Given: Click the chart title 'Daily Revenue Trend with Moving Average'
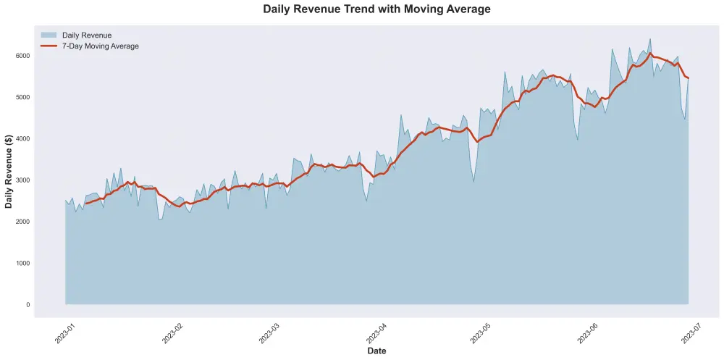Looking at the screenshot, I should [x=376, y=9].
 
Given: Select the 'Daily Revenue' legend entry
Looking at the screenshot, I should [x=86, y=35].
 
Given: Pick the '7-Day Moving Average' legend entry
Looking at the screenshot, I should [x=100, y=46].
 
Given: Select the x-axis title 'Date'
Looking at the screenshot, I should [x=376, y=351].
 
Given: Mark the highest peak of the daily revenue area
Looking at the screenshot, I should [x=649, y=39].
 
